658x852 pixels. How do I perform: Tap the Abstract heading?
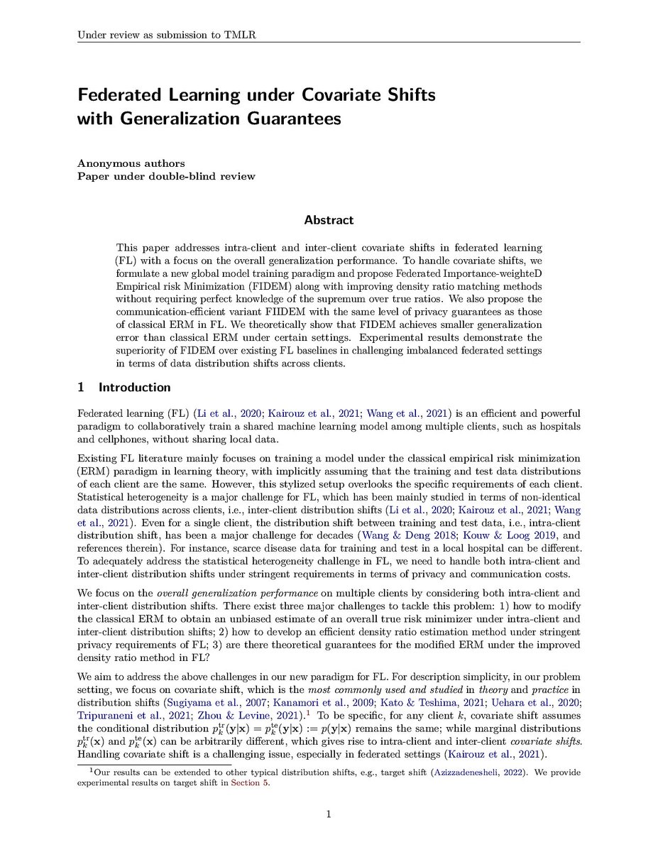click(x=329, y=221)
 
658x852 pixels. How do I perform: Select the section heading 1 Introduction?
click(x=124, y=387)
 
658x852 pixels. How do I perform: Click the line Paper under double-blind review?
click(x=165, y=176)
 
